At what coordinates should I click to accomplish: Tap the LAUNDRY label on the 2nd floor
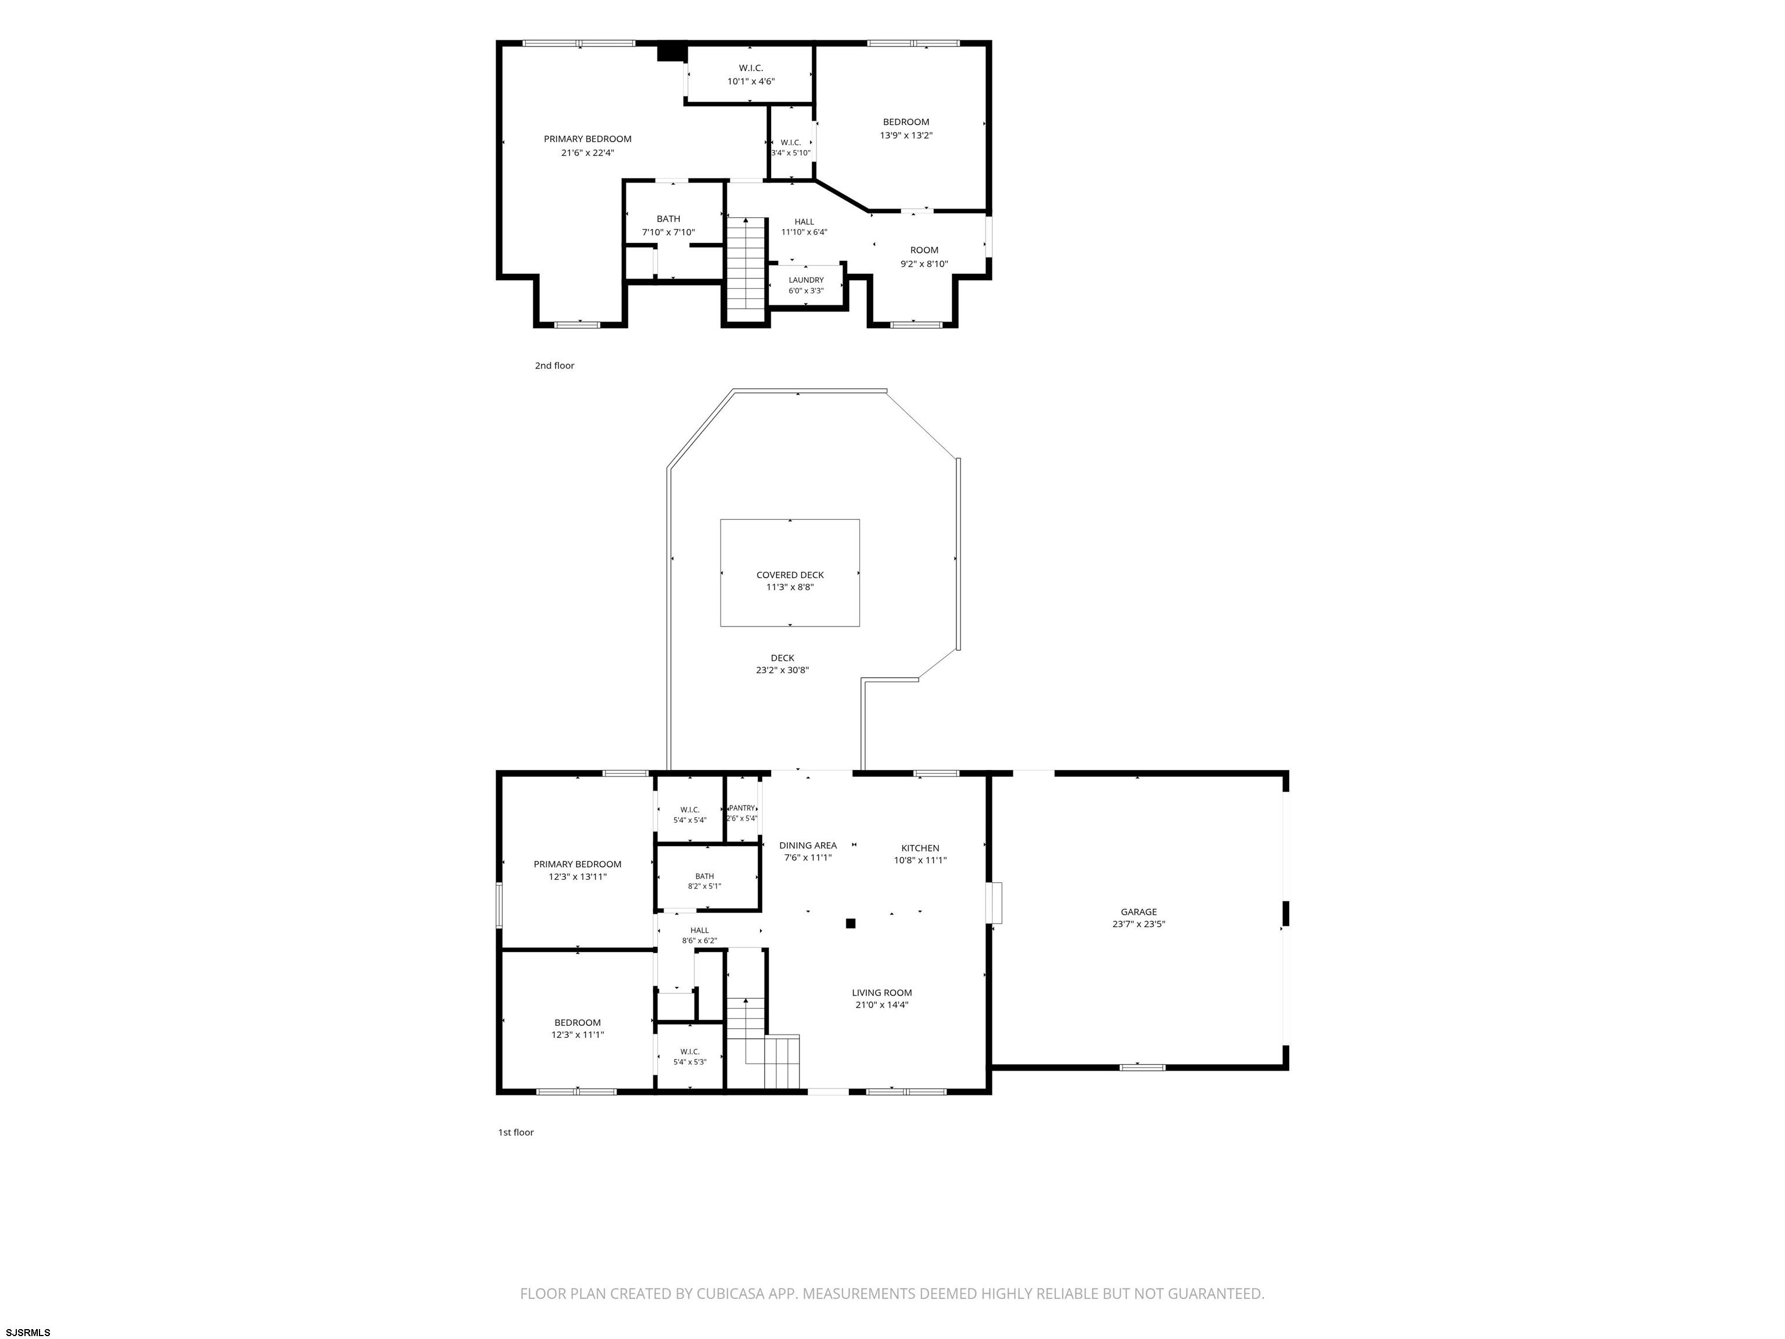(x=806, y=280)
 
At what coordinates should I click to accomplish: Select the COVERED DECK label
(x=790, y=575)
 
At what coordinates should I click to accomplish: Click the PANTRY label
(x=741, y=808)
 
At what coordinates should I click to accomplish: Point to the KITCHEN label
(x=920, y=848)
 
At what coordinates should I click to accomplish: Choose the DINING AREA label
(x=808, y=846)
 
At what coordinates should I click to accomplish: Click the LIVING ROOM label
(x=882, y=993)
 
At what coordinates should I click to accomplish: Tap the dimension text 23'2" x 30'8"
(x=782, y=670)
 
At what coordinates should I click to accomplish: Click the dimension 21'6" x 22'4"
(x=587, y=152)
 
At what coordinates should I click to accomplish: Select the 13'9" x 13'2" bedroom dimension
(x=906, y=135)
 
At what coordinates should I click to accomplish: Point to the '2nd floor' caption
(x=554, y=366)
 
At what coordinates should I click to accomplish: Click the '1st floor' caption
(x=515, y=1132)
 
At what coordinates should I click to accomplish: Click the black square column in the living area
(x=850, y=923)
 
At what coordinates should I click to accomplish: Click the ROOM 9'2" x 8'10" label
(x=924, y=257)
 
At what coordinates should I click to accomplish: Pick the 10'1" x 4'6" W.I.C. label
(x=751, y=75)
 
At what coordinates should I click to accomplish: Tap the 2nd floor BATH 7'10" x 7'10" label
(x=668, y=225)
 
